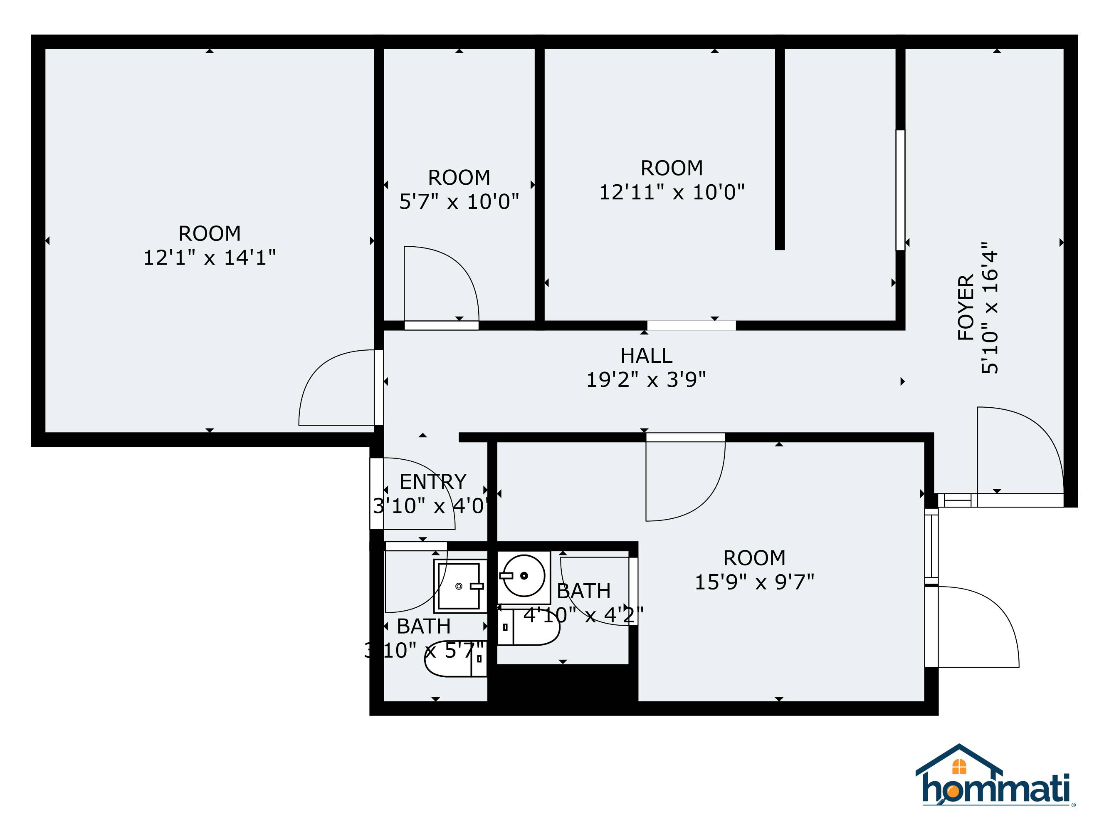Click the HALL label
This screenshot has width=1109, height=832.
[x=646, y=356]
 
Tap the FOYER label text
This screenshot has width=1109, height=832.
[x=966, y=307]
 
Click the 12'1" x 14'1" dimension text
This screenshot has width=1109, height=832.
[x=210, y=258]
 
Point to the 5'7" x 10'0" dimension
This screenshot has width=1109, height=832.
[x=459, y=202]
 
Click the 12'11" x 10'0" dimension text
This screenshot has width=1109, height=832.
[x=672, y=192]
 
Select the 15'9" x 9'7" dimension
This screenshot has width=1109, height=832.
[x=754, y=582]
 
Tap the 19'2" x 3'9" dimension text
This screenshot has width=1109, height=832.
[x=646, y=380]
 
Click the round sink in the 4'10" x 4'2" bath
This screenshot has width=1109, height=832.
[x=524, y=576]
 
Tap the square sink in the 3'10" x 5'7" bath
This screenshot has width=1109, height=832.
[x=460, y=586]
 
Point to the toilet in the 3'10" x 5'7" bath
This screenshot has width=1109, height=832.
[x=455, y=659]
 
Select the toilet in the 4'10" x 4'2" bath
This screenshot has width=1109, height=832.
[x=529, y=626]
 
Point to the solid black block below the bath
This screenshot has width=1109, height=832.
[x=563, y=683]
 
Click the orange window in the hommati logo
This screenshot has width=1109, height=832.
[x=958, y=767]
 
